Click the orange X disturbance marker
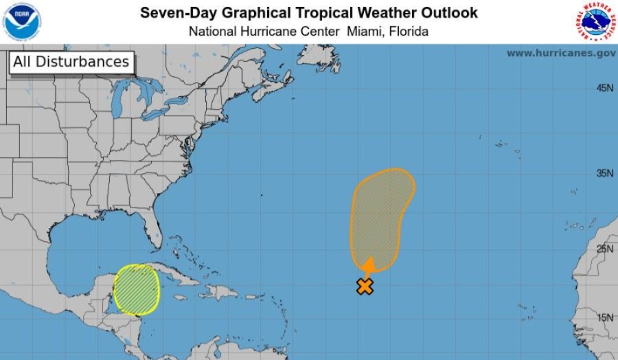point(365,286)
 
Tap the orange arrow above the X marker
point(369,267)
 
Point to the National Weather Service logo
point(594,21)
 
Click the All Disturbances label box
point(71,62)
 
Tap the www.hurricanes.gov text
point(560,53)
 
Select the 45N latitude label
point(604,88)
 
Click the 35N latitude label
point(604,173)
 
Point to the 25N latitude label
point(604,248)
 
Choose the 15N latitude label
point(604,317)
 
